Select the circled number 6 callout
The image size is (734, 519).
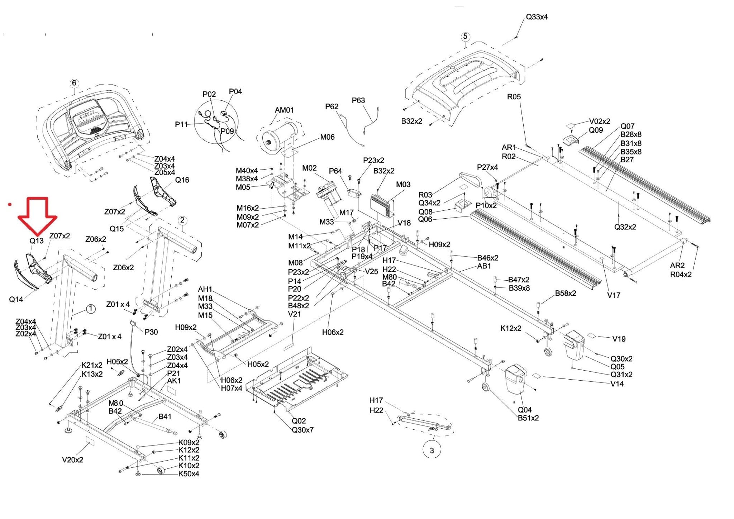click(74, 83)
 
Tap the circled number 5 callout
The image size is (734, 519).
click(465, 37)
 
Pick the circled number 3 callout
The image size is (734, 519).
click(432, 450)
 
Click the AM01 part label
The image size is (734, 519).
click(284, 110)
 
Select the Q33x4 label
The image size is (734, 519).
click(537, 17)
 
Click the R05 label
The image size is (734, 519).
click(514, 97)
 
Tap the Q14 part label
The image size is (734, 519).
click(16, 299)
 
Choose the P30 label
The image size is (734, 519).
click(151, 332)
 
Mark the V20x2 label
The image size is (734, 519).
click(72, 460)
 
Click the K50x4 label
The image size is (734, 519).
click(189, 474)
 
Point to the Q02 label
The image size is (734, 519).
click(299, 421)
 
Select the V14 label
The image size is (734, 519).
click(617, 384)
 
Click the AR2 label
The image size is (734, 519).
click(677, 266)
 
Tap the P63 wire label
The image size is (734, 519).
click(358, 100)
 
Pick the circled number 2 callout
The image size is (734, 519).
click(182, 220)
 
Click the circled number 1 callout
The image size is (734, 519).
click(91, 309)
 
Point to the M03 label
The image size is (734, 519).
click(403, 185)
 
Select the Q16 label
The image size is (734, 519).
click(182, 180)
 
